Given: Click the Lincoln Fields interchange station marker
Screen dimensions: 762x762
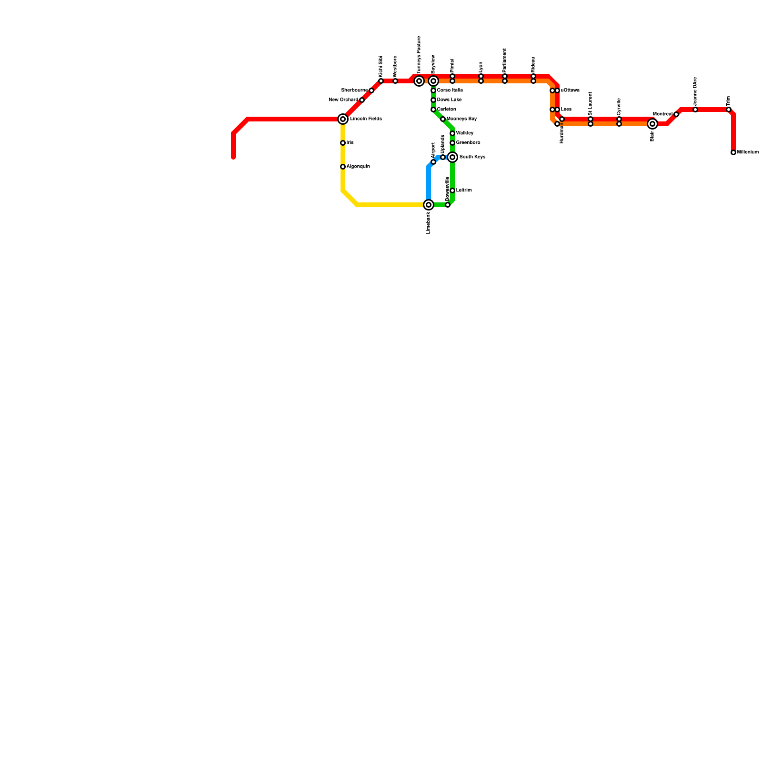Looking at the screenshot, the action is (x=343, y=119).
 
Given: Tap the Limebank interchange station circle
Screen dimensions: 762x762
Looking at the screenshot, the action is (x=429, y=205).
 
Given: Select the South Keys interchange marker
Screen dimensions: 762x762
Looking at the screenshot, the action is (x=452, y=157).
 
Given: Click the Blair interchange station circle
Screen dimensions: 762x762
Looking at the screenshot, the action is (x=652, y=124).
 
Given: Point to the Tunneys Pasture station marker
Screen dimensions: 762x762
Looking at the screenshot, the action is (x=419, y=81).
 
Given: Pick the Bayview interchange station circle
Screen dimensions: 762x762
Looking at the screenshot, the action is (x=433, y=81).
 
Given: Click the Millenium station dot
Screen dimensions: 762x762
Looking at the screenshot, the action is (x=733, y=152).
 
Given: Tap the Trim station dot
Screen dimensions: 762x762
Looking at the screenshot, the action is (x=729, y=110).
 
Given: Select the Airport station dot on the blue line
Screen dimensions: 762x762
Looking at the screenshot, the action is (x=433, y=162).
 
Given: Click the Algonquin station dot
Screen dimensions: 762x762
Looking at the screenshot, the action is (x=343, y=167).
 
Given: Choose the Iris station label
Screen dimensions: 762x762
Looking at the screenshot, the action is (x=350, y=143).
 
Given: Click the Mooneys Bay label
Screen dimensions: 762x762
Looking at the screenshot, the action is (x=461, y=119).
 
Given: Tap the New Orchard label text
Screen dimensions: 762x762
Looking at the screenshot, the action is (x=343, y=100).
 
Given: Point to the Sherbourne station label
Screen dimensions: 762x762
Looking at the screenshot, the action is (x=354, y=90).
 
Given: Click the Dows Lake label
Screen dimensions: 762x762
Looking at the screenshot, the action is (x=449, y=100).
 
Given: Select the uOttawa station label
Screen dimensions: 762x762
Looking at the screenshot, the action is (x=570, y=90).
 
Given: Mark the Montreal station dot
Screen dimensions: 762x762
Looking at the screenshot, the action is (x=676, y=114).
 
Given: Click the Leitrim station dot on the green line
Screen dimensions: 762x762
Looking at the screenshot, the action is (x=452, y=190).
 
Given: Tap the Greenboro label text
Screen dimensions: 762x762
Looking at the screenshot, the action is (x=468, y=143).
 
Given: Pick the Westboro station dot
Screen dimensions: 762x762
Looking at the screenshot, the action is (x=395, y=81).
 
